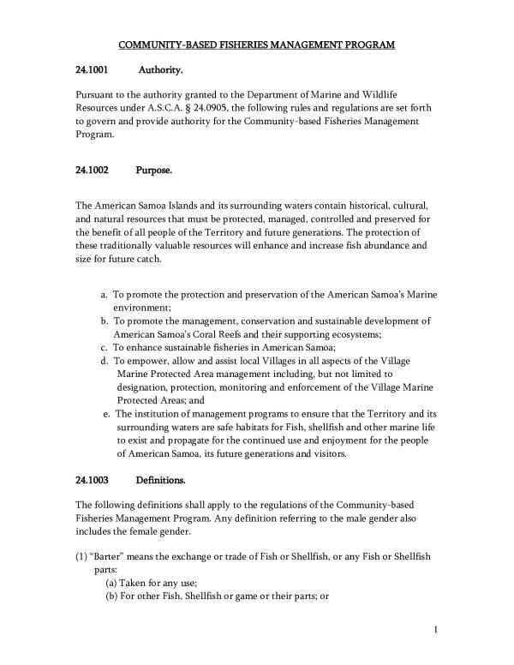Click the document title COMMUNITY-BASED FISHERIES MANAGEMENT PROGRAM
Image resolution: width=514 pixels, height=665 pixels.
[256, 44]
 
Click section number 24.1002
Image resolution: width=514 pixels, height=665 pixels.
[91, 170]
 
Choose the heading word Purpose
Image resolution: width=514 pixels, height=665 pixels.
[154, 170]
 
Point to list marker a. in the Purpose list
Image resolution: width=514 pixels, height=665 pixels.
[105, 295]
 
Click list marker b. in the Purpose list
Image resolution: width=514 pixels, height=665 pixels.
[105, 321]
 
